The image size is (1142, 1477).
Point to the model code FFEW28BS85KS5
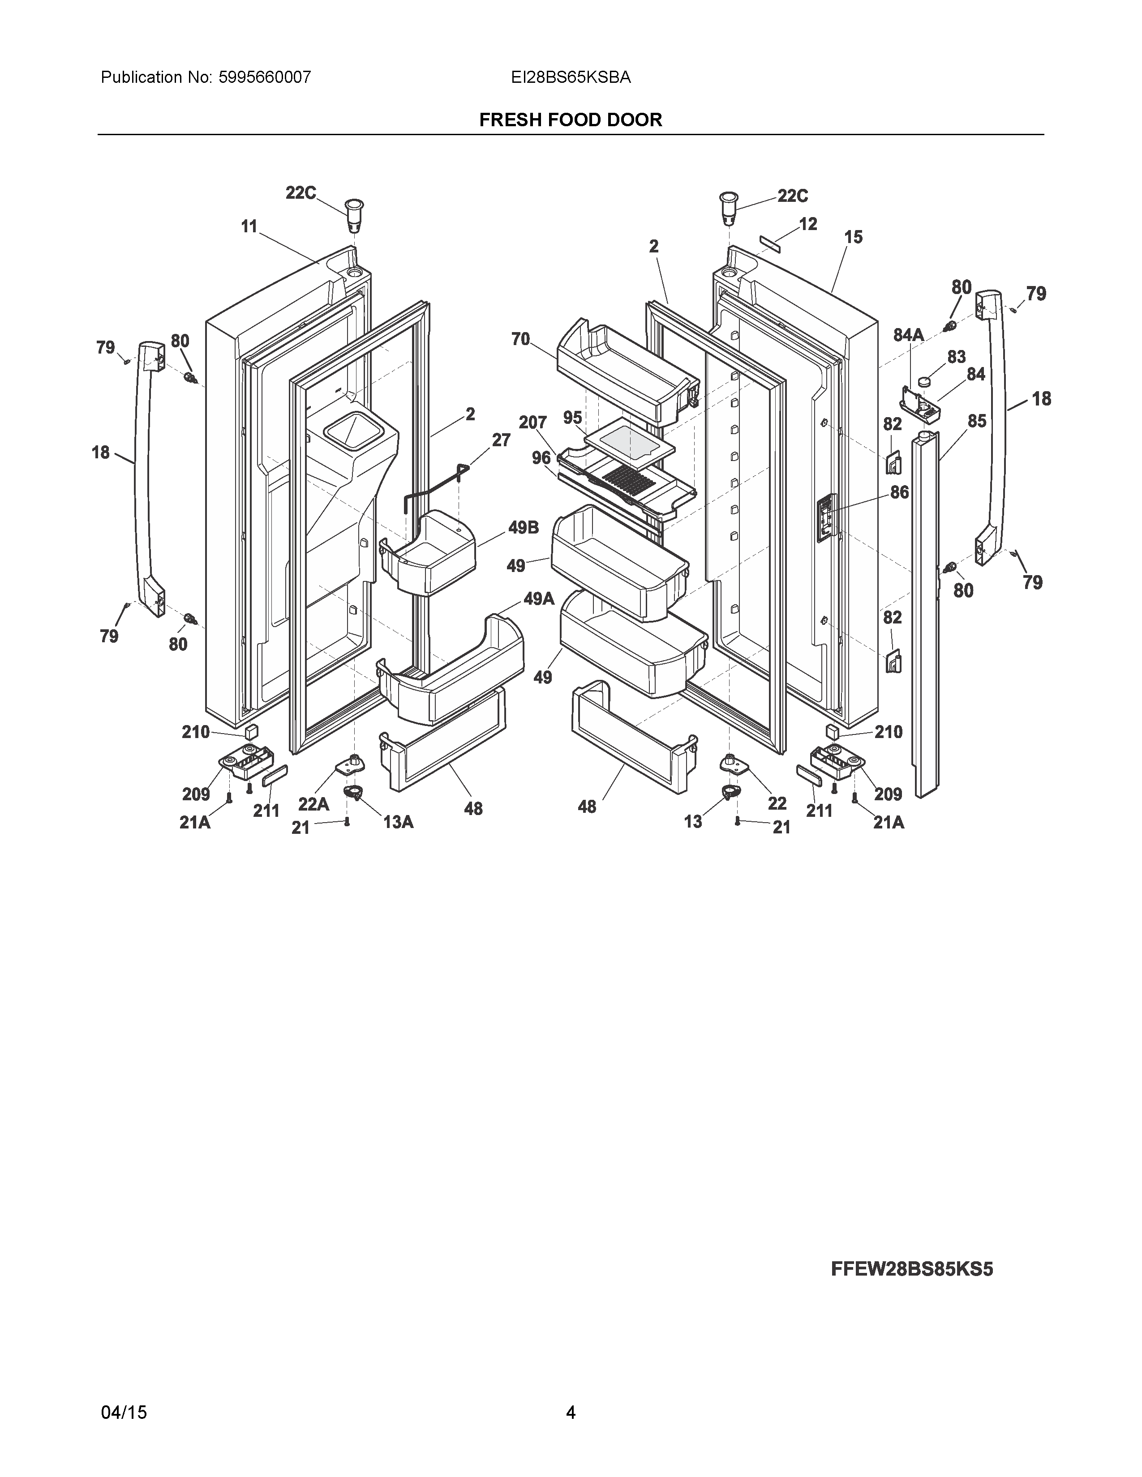pos(911,1269)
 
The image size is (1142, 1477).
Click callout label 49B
pos(524,528)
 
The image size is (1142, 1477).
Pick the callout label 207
pos(532,423)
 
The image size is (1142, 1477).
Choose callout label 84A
pos(909,335)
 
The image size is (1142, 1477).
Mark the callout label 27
pos(501,440)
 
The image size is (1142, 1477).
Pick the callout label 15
pos(853,237)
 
